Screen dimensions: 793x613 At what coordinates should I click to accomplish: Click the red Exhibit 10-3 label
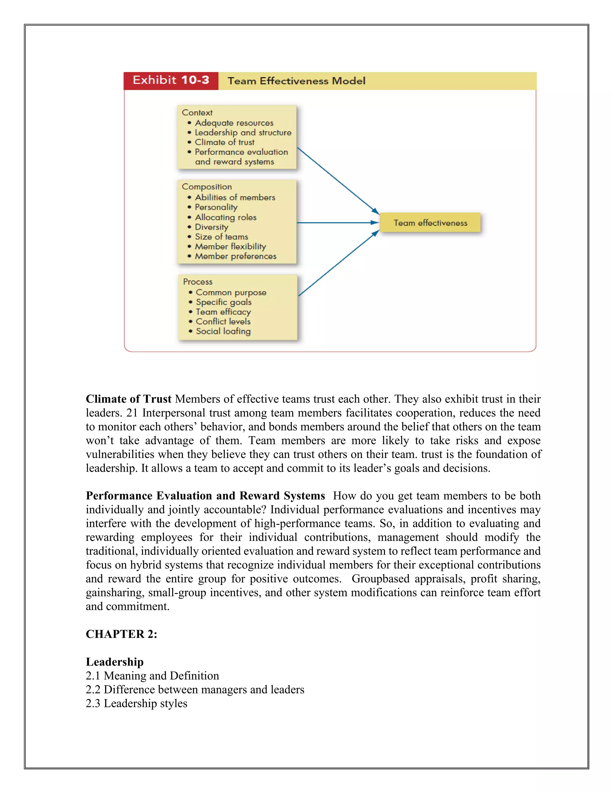coord(171,80)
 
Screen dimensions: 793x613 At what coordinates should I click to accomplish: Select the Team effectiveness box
coord(430,223)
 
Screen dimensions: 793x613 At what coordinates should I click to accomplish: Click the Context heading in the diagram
coord(197,113)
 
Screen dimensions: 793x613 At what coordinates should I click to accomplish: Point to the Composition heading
coord(207,187)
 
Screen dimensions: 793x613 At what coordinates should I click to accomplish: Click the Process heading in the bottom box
coord(198,282)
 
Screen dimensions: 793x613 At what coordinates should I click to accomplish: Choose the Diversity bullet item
coord(211,227)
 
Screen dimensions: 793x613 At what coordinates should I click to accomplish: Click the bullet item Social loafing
coord(223,331)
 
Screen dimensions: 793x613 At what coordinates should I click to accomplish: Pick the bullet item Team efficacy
coord(223,312)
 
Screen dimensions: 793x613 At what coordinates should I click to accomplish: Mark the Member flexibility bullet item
coord(230,247)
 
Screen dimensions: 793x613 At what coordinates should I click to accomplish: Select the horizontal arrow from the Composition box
coord(338,223)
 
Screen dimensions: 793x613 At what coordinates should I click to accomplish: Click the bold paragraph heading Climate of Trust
coord(128,399)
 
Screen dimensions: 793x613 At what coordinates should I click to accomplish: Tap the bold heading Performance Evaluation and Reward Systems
coord(205,496)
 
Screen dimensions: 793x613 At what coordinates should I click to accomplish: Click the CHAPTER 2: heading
coord(121,634)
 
